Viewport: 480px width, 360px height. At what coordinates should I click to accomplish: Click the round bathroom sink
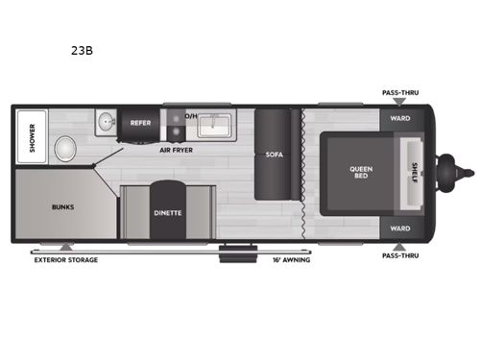(x=105, y=123)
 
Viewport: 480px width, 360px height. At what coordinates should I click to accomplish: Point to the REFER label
(x=140, y=123)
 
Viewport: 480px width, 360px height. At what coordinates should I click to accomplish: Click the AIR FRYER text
(x=180, y=150)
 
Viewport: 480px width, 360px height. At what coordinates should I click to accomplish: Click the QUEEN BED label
(x=360, y=174)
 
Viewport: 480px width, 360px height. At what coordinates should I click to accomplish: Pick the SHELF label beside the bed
(x=414, y=174)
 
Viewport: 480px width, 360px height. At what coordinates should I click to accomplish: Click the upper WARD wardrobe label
(x=400, y=119)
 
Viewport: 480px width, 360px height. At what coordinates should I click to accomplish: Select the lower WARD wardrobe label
(x=400, y=228)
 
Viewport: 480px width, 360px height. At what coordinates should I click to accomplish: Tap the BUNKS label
(x=62, y=206)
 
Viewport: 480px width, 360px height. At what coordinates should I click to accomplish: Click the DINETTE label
(x=167, y=213)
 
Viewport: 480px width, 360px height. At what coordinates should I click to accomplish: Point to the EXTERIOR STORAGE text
(x=65, y=260)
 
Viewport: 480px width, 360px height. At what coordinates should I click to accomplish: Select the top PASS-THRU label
(x=400, y=93)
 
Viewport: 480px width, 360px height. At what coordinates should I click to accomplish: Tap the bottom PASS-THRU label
(x=400, y=256)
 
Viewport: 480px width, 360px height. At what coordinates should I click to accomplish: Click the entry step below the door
(x=231, y=252)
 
